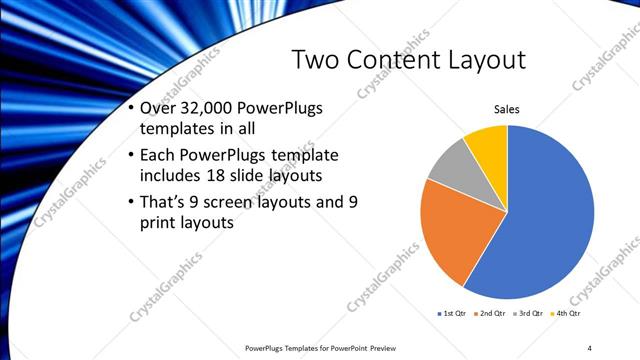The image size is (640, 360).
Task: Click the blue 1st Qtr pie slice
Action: (x=545, y=220)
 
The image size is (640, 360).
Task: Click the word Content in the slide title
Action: (x=382, y=59)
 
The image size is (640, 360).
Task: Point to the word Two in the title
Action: (x=312, y=59)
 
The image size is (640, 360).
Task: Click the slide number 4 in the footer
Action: (x=590, y=348)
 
